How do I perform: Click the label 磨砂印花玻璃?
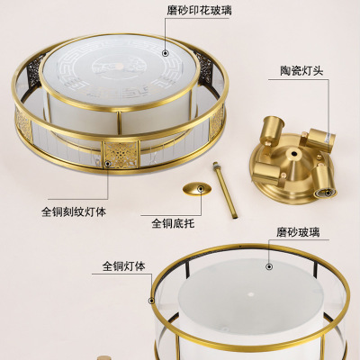[199, 11]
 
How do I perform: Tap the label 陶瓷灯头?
[301, 71]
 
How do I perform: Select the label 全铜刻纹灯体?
[74, 212]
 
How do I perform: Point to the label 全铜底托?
[173, 223]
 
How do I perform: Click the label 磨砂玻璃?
[298, 232]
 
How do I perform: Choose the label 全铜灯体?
[124, 266]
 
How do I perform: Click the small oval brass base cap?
[197, 189]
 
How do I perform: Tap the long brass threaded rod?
[225, 191]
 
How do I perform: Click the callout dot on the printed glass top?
[166, 53]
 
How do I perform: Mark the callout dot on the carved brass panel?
[107, 164]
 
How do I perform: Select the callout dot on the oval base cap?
[201, 189]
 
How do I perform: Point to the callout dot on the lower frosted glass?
[269, 266]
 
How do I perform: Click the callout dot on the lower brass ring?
[151, 301]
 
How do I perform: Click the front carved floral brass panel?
[121, 155]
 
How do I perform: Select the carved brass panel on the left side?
[23, 124]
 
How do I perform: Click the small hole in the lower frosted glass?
[250, 292]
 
